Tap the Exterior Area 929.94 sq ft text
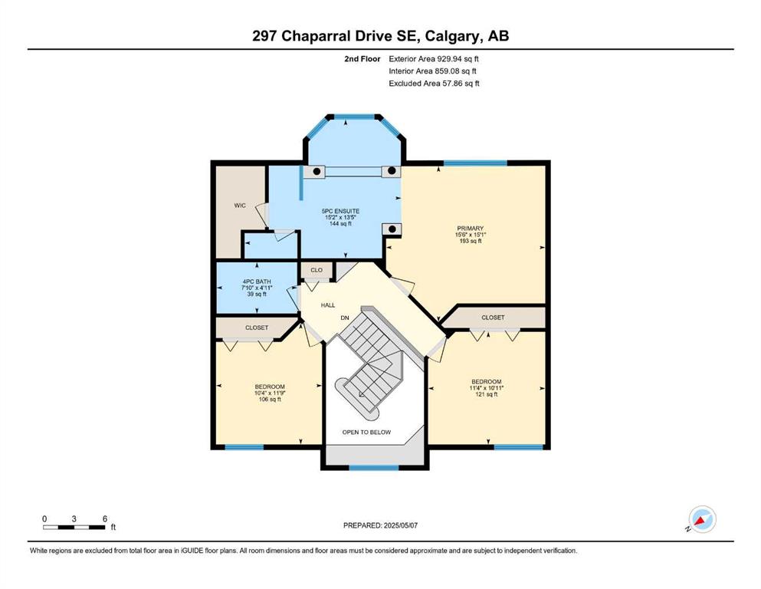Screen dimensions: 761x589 434,59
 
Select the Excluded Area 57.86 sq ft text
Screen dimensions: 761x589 434,84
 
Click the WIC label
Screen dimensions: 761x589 240,206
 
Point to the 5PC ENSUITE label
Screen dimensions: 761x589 340,211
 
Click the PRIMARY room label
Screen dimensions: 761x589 471,229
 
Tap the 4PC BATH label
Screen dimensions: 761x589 257,281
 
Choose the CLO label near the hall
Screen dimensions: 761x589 317,270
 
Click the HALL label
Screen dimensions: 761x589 328,305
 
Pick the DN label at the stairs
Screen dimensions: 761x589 345,318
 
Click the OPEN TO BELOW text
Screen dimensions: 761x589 366,432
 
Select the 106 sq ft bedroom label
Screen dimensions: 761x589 269,399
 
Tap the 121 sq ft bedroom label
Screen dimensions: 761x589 487,394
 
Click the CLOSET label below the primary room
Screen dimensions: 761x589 493,317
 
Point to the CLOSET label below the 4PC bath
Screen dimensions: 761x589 257,327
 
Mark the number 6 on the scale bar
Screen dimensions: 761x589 105,519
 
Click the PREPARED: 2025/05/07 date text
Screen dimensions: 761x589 380,525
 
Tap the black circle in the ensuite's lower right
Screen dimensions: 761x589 392,229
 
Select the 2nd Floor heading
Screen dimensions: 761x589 362,59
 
